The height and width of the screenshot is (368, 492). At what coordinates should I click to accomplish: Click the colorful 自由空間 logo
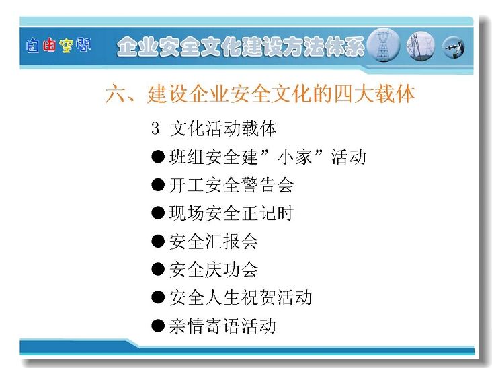(x=58, y=46)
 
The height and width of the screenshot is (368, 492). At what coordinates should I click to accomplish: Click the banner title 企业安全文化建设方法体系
(x=241, y=47)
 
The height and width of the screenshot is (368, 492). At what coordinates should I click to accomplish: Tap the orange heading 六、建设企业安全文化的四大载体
(x=260, y=94)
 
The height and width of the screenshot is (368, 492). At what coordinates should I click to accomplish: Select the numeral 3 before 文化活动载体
(x=155, y=128)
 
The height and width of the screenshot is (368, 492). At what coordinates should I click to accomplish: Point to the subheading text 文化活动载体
(x=223, y=128)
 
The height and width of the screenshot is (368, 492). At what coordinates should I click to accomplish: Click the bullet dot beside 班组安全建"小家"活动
(x=158, y=156)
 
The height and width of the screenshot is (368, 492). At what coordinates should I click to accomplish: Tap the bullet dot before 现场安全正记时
(x=158, y=213)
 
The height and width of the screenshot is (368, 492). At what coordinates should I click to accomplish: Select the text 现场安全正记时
(x=232, y=213)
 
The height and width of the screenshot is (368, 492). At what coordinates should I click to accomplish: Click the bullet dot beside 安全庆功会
(x=158, y=269)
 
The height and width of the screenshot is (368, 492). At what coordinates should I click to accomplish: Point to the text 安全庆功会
(x=214, y=270)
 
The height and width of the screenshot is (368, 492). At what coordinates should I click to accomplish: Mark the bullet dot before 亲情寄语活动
(x=158, y=326)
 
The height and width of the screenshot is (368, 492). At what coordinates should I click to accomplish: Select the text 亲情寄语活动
(x=222, y=326)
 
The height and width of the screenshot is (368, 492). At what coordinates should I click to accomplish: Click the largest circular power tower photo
(x=383, y=45)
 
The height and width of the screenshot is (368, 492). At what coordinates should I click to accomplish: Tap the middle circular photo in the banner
(x=421, y=46)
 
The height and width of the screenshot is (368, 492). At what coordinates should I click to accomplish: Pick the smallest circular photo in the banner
(x=454, y=47)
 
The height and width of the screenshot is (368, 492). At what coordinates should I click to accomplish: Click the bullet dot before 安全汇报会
(x=158, y=241)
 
